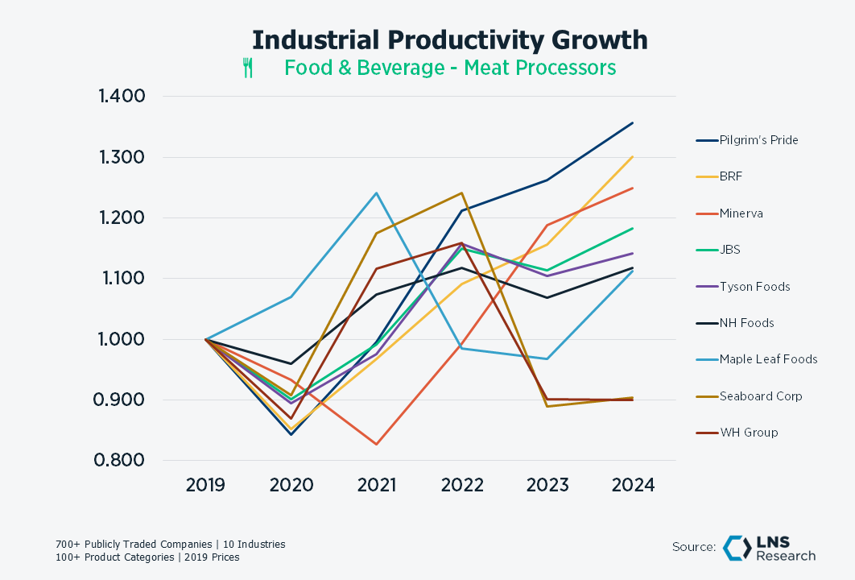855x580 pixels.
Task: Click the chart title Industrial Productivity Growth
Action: point(449,39)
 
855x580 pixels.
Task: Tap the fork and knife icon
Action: point(248,68)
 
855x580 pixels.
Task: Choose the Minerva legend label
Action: point(741,213)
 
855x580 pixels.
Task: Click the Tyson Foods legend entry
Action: point(754,287)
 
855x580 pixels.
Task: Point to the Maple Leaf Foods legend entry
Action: point(768,359)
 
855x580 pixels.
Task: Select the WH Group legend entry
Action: point(749,433)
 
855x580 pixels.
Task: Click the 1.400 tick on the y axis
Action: point(122,97)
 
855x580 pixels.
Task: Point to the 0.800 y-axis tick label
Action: point(122,461)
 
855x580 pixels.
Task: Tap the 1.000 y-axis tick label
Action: point(122,339)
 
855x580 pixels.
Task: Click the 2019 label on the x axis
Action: point(205,486)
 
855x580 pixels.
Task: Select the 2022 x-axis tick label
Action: point(462,486)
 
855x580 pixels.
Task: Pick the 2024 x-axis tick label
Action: point(633,486)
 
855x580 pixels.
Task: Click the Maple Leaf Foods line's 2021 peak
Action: point(376,193)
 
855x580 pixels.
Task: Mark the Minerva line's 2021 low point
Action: point(376,444)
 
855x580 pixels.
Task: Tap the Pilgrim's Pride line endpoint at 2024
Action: point(633,123)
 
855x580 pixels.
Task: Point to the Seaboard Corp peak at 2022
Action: point(462,193)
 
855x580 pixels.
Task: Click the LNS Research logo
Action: point(768,548)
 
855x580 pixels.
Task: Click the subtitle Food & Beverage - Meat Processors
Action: point(450,68)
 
